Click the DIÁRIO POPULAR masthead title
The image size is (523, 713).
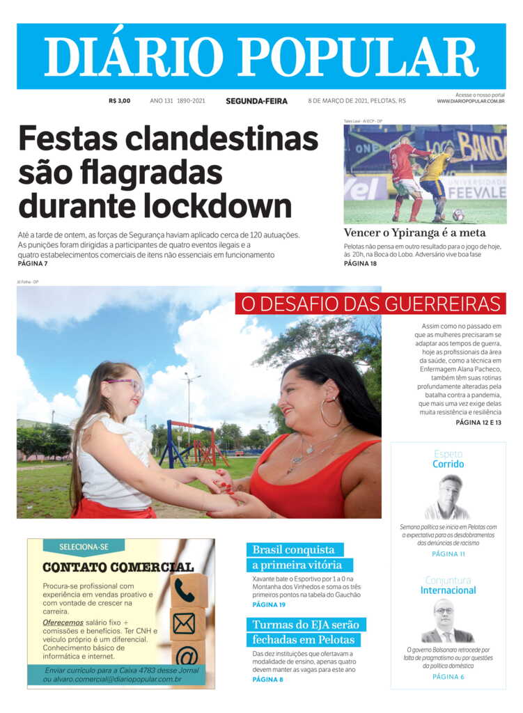click(x=261, y=56)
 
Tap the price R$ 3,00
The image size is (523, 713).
click(x=119, y=101)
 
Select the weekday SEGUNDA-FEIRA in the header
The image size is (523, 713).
click(x=256, y=101)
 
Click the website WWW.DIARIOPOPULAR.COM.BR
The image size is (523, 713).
click(x=471, y=102)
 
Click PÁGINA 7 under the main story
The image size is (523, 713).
click(x=33, y=264)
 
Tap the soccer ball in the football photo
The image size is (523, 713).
click(x=458, y=214)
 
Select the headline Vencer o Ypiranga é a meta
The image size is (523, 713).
click(x=414, y=233)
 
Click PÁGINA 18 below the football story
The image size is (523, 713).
click(x=360, y=264)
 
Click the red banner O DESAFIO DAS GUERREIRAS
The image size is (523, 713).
click(x=370, y=304)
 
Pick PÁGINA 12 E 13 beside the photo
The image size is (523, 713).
click(x=478, y=422)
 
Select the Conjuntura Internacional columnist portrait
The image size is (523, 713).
click(x=448, y=621)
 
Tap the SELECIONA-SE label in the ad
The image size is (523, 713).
click(x=84, y=547)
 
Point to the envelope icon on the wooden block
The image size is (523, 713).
click(x=185, y=623)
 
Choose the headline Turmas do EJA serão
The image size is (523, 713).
click(x=305, y=625)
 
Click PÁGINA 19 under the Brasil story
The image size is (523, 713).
click(x=269, y=604)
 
